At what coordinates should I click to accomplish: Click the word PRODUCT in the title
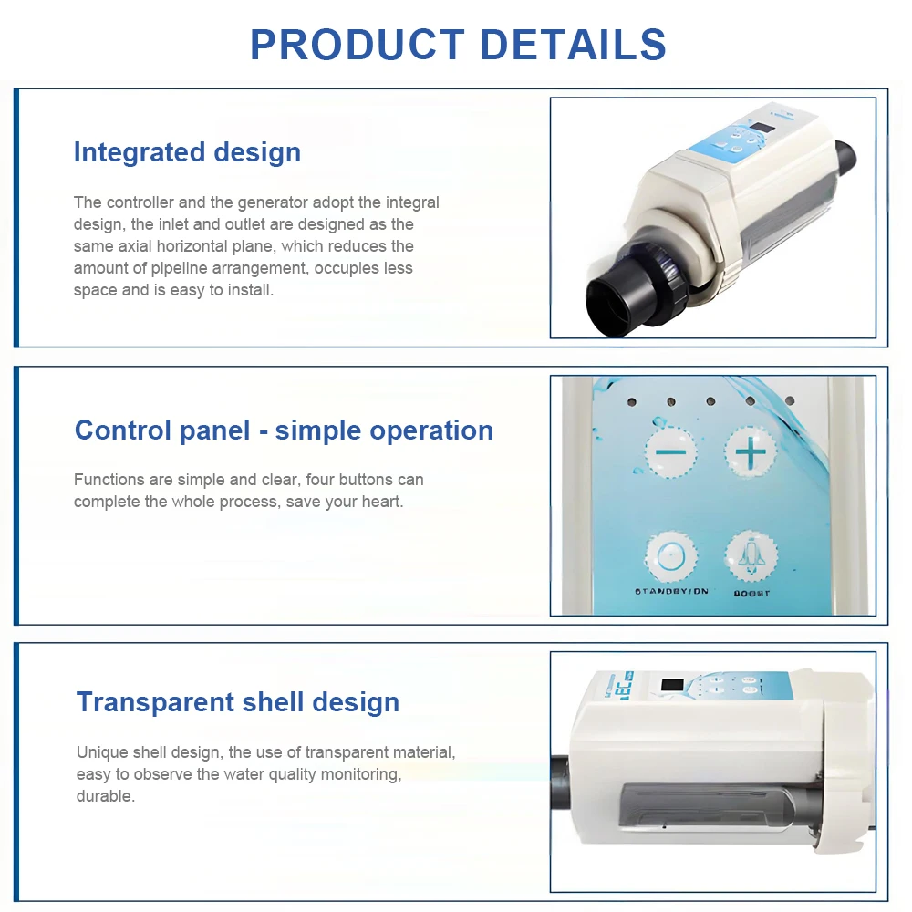[357, 45]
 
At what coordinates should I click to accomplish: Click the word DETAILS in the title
[573, 45]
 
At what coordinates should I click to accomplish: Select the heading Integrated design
[187, 151]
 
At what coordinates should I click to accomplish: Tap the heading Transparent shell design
[238, 702]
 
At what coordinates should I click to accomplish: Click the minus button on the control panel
[671, 451]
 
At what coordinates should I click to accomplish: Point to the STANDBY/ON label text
[671, 592]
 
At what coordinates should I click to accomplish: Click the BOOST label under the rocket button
[751, 594]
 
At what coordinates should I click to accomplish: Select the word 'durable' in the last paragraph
[104, 796]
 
